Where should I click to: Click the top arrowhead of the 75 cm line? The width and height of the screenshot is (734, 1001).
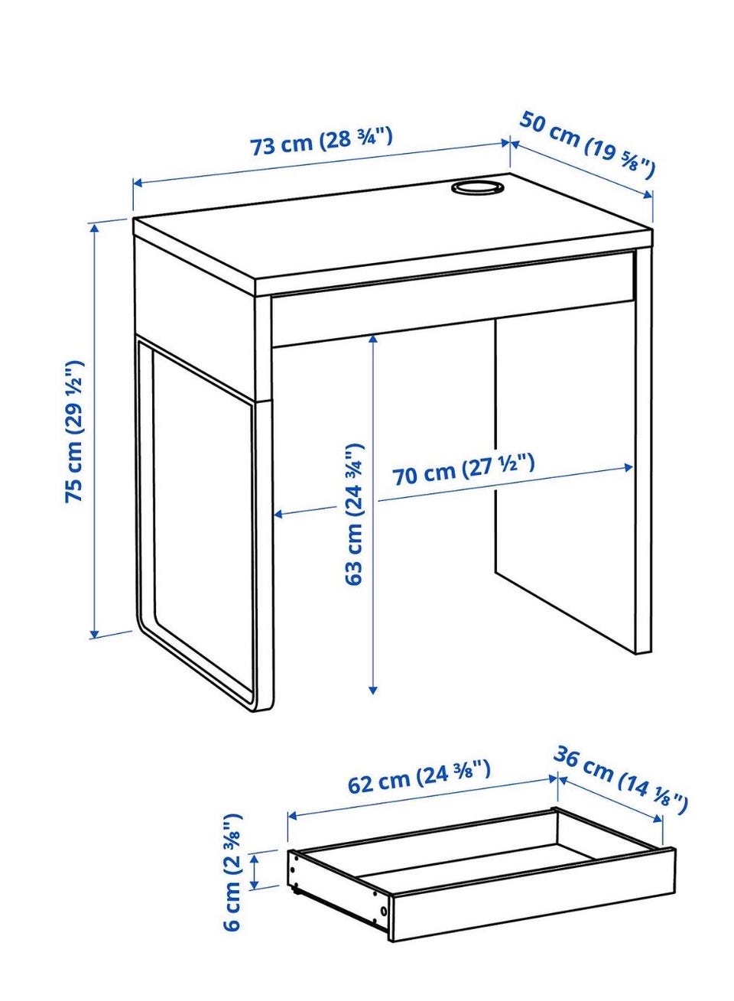[94, 229]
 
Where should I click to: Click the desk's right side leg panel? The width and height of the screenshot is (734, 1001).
[643, 451]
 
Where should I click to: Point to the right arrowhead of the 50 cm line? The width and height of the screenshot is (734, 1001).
[648, 194]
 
